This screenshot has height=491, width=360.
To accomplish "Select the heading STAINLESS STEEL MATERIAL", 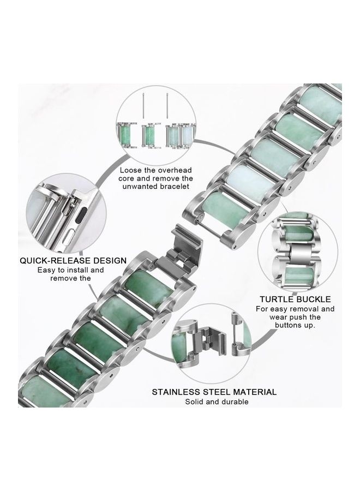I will [x=214, y=392].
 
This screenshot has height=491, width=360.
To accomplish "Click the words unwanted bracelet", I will [x=156, y=187].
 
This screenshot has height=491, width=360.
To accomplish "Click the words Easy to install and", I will [x=70, y=270].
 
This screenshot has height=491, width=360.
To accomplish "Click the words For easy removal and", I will [x=295, y=309].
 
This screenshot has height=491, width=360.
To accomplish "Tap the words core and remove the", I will [x=156, y=178].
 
